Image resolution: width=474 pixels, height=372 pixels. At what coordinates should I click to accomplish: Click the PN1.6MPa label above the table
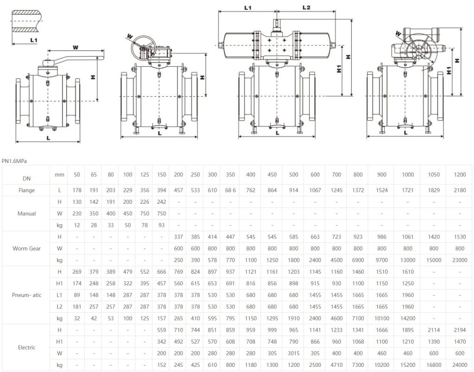point(14,161)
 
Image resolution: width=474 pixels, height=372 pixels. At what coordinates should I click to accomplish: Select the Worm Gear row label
point(26,248)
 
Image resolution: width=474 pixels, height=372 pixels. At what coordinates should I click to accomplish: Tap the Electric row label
point(26,347)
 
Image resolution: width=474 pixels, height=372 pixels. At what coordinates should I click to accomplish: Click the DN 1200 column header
point(460,175)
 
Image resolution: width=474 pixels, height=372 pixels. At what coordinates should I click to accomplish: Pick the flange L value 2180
point(460,190)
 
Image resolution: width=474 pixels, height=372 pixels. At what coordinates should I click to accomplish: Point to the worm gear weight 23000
point(460,260)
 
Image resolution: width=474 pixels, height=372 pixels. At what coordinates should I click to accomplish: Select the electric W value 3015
point(293,353)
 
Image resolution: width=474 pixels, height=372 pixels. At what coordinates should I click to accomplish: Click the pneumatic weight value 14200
point(407,318)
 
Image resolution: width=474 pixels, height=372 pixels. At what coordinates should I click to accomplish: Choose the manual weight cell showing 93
point(162,225)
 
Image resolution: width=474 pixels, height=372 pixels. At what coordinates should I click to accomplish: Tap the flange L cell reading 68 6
point(230,190)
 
